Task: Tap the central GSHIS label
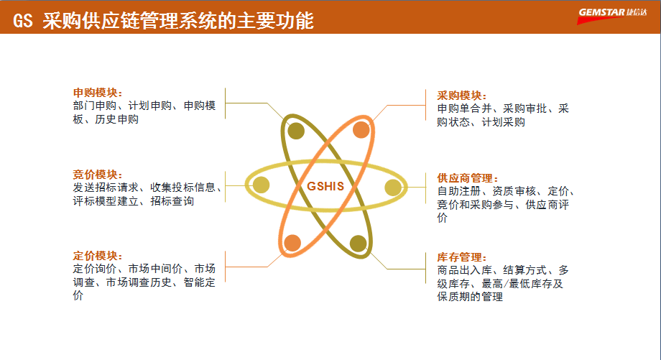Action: (325, 186)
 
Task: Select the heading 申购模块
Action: (97, 93)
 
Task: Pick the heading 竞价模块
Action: (97, 175)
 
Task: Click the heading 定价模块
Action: (97, 257)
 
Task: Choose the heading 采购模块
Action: (462, 96)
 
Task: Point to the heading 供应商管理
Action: (468, 178)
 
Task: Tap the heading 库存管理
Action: (462, 258)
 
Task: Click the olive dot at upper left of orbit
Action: (296, 130)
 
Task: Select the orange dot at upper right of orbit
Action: (361, 130)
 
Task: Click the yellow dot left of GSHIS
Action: (261, 185)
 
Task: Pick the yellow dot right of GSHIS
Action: (392, 188)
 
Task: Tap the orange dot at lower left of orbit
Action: (292, 243)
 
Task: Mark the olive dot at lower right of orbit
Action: (358, 244)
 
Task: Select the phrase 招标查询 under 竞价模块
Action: (172, 202)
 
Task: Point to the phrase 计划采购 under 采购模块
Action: (504, 122)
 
